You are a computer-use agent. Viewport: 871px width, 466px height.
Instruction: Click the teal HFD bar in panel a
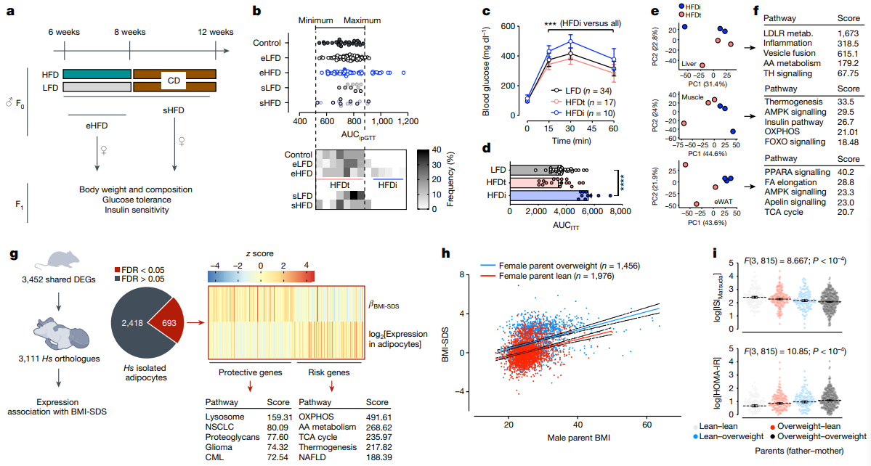tap(97, 74)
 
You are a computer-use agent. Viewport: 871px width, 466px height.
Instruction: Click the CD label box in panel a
tap(174, 81)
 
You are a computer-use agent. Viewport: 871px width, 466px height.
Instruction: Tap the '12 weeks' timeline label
tap(216, 32)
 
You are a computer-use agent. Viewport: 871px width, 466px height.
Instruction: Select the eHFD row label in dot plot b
tap(270, 73)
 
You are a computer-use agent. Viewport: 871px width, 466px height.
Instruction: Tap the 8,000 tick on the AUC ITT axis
tap(620, 211)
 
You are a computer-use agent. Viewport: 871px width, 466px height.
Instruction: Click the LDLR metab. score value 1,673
tap(848, 34)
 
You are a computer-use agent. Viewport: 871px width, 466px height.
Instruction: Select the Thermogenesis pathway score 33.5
tap(846, 102)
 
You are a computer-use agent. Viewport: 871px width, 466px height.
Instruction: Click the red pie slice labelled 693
tap(168, 322)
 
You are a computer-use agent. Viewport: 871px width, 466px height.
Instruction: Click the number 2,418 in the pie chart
tap(132, 322)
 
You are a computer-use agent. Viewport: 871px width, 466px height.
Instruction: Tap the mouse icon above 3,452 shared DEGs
tap(58, 259)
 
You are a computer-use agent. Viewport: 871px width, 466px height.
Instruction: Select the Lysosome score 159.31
tap(280, 417)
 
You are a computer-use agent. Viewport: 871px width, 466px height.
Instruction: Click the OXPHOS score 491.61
tap(379, 417)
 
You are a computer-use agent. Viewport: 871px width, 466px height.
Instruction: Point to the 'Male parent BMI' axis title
tap(579, 438)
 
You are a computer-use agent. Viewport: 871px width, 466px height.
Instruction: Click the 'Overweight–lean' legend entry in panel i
tap(805, 426)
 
